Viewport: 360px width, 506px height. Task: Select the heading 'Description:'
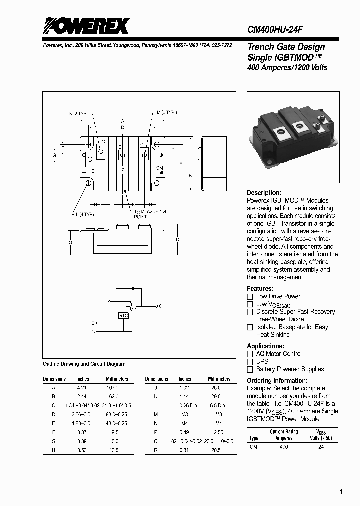click(x=264, y=193)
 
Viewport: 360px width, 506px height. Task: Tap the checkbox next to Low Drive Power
click(x=250, y=297)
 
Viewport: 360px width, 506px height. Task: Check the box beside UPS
click(x=250, y=362)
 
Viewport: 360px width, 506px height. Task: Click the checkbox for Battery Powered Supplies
click(x=250, y=370)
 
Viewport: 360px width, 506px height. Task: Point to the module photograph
click(x=293, y=137)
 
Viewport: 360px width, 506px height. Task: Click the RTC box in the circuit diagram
click(x=123, y=316)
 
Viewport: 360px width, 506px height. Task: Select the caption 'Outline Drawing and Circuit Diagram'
click(x=84, y=364)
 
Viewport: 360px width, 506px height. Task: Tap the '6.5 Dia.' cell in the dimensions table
click(x=216, y=405)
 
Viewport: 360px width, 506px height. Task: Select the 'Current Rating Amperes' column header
click(x=284, y=435)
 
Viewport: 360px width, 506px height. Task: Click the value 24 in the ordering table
click(x=321, y=447)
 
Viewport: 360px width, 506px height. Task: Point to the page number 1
click(x=341, y=492)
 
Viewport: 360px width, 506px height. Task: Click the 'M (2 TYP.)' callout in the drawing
click(x=166, y=113)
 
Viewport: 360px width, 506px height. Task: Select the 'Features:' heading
click(x=260, y=289)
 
